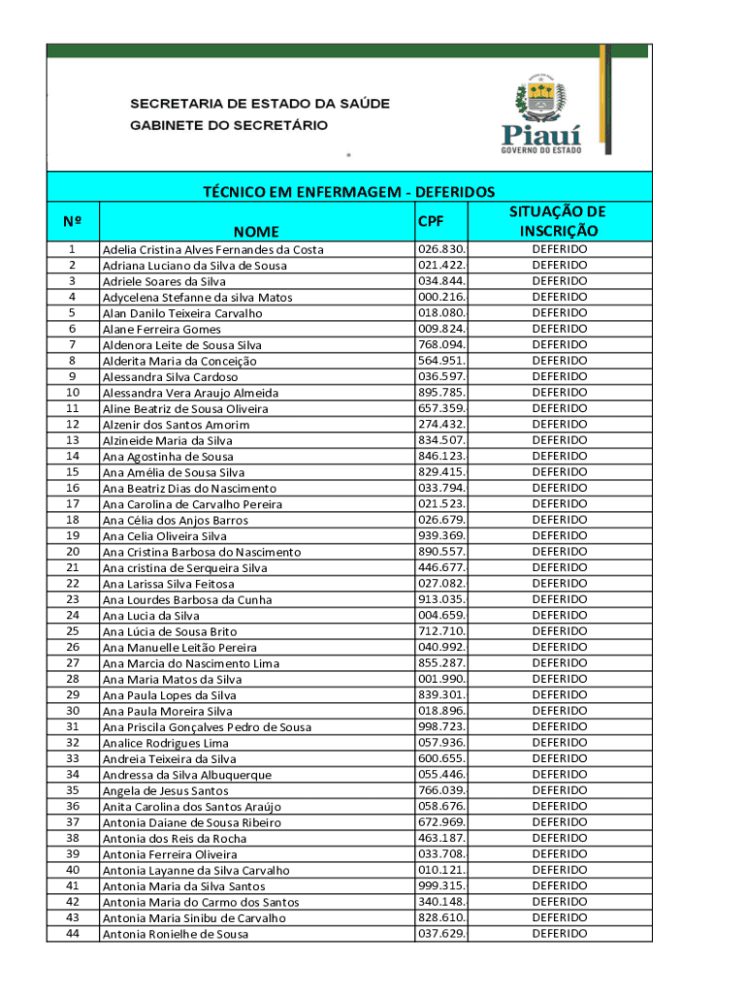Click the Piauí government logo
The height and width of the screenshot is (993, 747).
coord(541,114)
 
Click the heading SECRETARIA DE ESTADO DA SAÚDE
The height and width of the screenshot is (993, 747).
coord(260,104)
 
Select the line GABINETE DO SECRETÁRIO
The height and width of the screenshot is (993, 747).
coord(229,125)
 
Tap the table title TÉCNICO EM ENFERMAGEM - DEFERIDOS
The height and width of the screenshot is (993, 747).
coord(348,192)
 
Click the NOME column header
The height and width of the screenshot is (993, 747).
coord(255,231)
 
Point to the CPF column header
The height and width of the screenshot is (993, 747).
coord(431,222)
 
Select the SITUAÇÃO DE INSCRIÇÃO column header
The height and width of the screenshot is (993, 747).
coord(559,221)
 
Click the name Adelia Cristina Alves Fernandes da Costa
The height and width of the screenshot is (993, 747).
coord(213,250)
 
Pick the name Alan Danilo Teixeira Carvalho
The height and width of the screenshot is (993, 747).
coord(182,313)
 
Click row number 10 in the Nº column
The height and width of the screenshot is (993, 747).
coord(73,393)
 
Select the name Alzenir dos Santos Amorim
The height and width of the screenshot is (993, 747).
coord(176,425)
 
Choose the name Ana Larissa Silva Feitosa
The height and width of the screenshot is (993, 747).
coord(169,584)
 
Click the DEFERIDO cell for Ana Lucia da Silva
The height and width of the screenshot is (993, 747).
coord(559,616)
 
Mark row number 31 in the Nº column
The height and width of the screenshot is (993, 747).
coord(73,726)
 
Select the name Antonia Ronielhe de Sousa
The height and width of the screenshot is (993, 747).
coord(176,934)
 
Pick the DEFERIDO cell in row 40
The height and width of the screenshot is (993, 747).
coord(559,870)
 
